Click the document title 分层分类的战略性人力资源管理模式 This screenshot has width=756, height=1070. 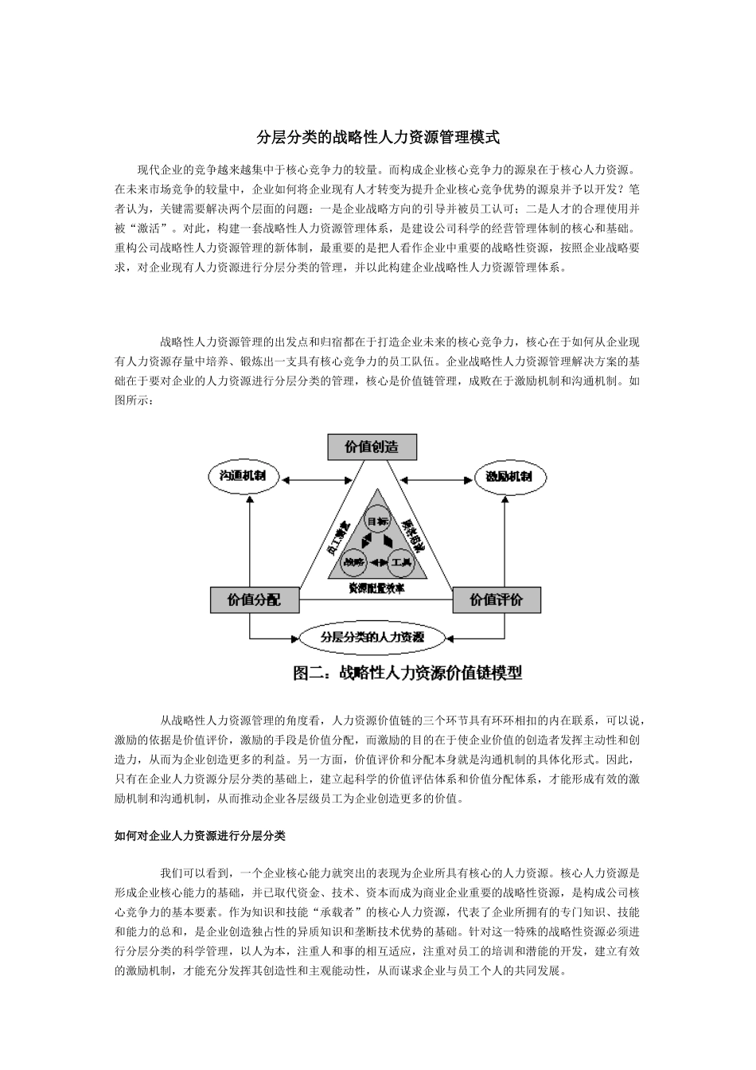pos(378,138)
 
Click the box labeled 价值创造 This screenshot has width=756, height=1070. pos(372,447)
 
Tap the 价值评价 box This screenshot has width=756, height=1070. pos(497,599)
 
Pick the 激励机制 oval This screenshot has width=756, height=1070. pos(510,478)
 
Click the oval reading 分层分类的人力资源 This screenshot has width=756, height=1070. pos(372,637)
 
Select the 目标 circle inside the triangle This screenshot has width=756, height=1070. pos(377,521)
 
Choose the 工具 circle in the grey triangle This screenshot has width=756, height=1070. pos(400,562)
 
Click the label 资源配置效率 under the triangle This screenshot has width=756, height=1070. pos(376,588)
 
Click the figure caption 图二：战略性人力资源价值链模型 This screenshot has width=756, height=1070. pos(407,674)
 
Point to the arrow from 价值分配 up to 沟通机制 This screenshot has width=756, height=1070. pos(251,541)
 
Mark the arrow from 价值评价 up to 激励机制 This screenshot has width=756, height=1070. pos(505,541)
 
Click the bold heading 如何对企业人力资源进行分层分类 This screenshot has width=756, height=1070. pos(201,836)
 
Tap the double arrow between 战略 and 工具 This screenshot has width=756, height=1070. pos(376,564)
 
